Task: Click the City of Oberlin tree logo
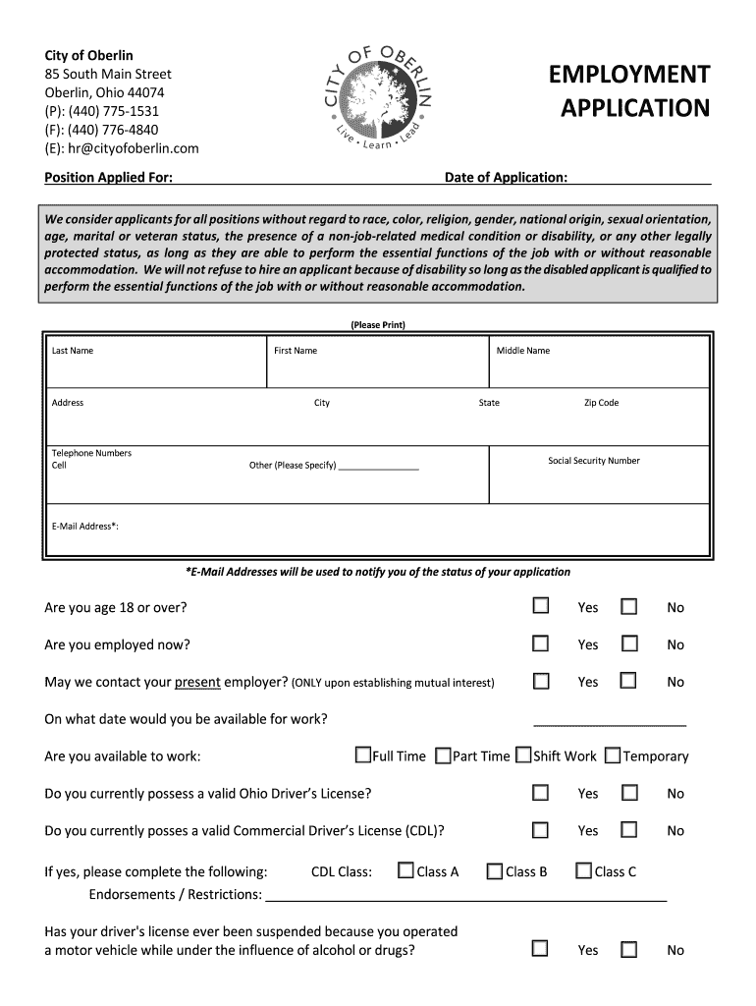click(x=379, y=96)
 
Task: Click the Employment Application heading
click(x=628, y=91)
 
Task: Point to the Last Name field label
click(x=73, y=351)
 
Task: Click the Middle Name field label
click(x=523, y=351)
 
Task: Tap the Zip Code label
click(x=601, y=403)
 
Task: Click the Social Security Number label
click(x=594, y=461)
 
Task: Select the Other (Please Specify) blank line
click(x=378, y=468)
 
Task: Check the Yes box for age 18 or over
click(x=541, y=606)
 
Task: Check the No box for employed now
click(x=629, y=643)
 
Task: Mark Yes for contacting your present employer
click(x=541, y=680)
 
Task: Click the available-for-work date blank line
click(x=609, y=722)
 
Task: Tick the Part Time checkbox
click(x=443, y=755)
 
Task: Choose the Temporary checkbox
click(x=613, y=755)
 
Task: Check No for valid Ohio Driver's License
click(x=629, y=792)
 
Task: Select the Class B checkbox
click(x=495, y=870)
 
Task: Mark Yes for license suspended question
click(x=541, y=948)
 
